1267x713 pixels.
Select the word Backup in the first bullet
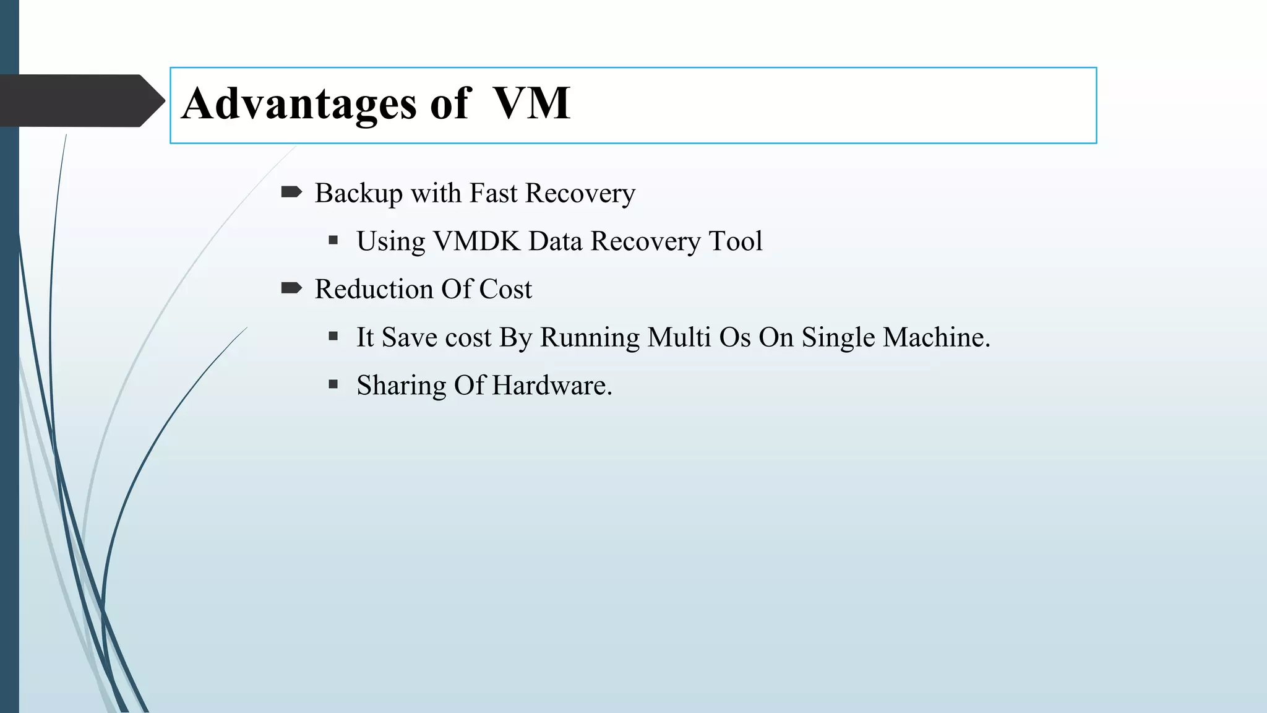tap(358, 194)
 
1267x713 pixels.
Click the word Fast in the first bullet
tap(493, 193)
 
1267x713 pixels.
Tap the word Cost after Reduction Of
tap(505, 289)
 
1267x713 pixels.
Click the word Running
tap(590, 338)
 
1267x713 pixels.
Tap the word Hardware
tap(552, 386)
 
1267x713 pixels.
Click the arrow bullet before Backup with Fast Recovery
tap(291, 192)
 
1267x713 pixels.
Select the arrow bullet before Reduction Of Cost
tap(291, 288)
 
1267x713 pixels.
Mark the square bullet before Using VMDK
tap(333, 240)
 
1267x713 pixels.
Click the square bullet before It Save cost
tap(333, 336)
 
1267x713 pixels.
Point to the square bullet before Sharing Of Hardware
tap(333, 384)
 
